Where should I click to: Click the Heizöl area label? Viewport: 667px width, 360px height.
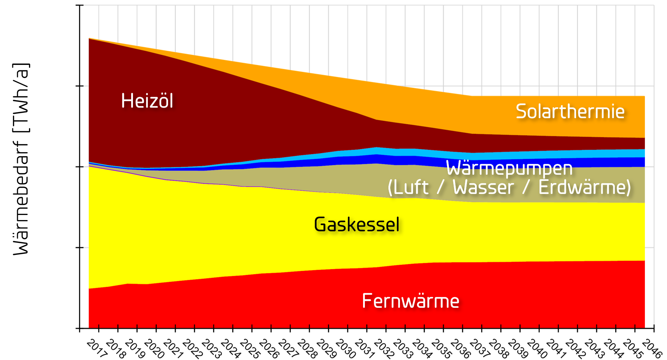[147, 101]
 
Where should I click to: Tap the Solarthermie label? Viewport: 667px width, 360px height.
[570, 111]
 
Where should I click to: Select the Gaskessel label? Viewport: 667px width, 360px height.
[357, 224]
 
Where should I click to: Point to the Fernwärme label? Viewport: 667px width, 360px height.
[410, 301]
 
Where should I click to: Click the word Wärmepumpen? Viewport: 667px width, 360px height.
[509, 168]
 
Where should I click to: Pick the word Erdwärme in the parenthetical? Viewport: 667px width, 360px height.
[584, 187]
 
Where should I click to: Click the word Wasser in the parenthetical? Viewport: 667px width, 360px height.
[483, 187]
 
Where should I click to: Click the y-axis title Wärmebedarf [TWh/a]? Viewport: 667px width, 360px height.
[21, 160]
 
